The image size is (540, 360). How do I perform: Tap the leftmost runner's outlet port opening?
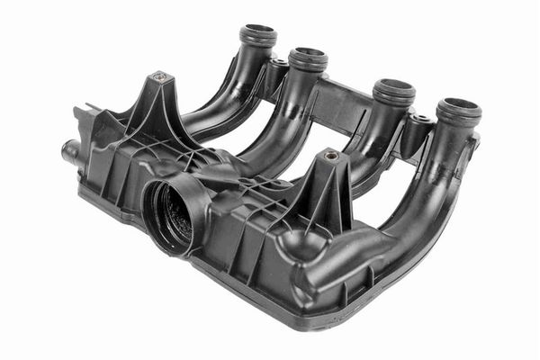click(258, 34)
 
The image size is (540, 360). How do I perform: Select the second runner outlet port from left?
click(309, 58)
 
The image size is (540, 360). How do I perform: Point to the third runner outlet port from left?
click(394, 91)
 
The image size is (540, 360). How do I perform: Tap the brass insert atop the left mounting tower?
click(159, 77)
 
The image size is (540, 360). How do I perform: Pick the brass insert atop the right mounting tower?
click(331, 156)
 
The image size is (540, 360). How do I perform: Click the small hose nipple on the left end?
click(67, 148)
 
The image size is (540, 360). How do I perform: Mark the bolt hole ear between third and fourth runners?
click(420, 118)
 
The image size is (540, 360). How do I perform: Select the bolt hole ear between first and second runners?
click(280, 63)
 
